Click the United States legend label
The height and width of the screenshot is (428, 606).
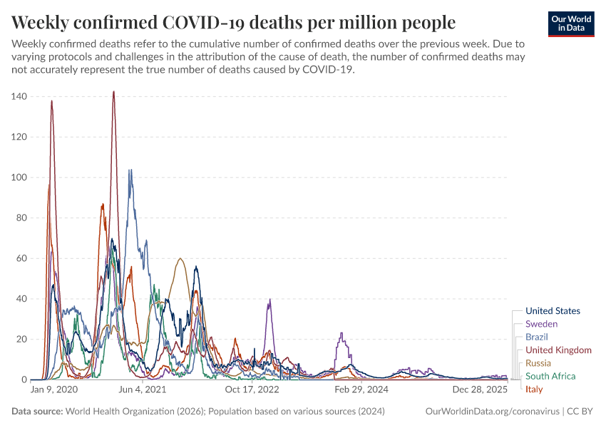pyautogui.click(x=553, y=311)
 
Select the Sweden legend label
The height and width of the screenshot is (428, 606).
pyautogui.click(x=541, y=324)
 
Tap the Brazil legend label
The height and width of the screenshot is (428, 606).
pyautogui.click(x=537, y=337)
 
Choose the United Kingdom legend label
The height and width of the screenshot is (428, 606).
pyautogui.click(x=558, y=350)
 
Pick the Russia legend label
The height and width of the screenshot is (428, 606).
pyautogui.click(x=538, y=363)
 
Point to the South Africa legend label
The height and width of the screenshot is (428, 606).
pyautogui.click(x=550, y=376)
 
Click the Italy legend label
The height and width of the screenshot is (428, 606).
pyautogui.click(x=534, y=389)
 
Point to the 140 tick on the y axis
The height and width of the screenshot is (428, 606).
pyautogui.click(x=19, y=96)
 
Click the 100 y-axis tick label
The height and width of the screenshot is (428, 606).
pyautogui.click(x=19, y=177)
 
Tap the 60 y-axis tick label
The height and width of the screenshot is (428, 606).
pyautogui.click(x=21, y=258)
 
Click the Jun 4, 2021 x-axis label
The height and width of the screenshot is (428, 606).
pyautogui.click(x=142, y=390)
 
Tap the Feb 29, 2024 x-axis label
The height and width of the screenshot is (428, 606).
pyautogui.click(x=361, y=390)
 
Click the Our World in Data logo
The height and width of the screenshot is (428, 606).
pyautogui.click(x=571, y=24)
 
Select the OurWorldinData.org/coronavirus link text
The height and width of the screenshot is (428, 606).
pyautogui.click(x=491, y=412)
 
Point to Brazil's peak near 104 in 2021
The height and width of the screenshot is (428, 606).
pyautogui.click(x=130, y=170)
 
